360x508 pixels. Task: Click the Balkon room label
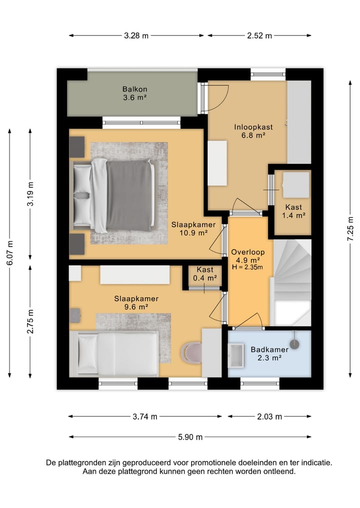(134, 89)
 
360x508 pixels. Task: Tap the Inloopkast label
(253, 127)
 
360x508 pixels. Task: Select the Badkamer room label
(269, 350)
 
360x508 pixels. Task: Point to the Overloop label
(248, 252)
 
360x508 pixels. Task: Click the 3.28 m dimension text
(136, 35)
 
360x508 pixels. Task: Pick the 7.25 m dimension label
(350, 229)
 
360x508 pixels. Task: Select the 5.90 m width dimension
(190, 437)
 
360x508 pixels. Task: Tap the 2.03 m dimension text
(269, 417)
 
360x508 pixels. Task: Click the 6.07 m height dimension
(10, 253)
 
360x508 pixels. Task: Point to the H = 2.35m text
(248, 267)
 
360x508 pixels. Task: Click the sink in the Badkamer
(236, 356)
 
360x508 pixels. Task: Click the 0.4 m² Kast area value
(205, 278)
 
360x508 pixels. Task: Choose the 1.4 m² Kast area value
(294, 215)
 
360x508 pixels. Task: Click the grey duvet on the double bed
(129, 195)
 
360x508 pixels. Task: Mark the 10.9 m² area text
(193, 233)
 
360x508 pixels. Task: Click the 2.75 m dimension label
(30, 321)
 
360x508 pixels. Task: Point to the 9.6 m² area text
(136, 307)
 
